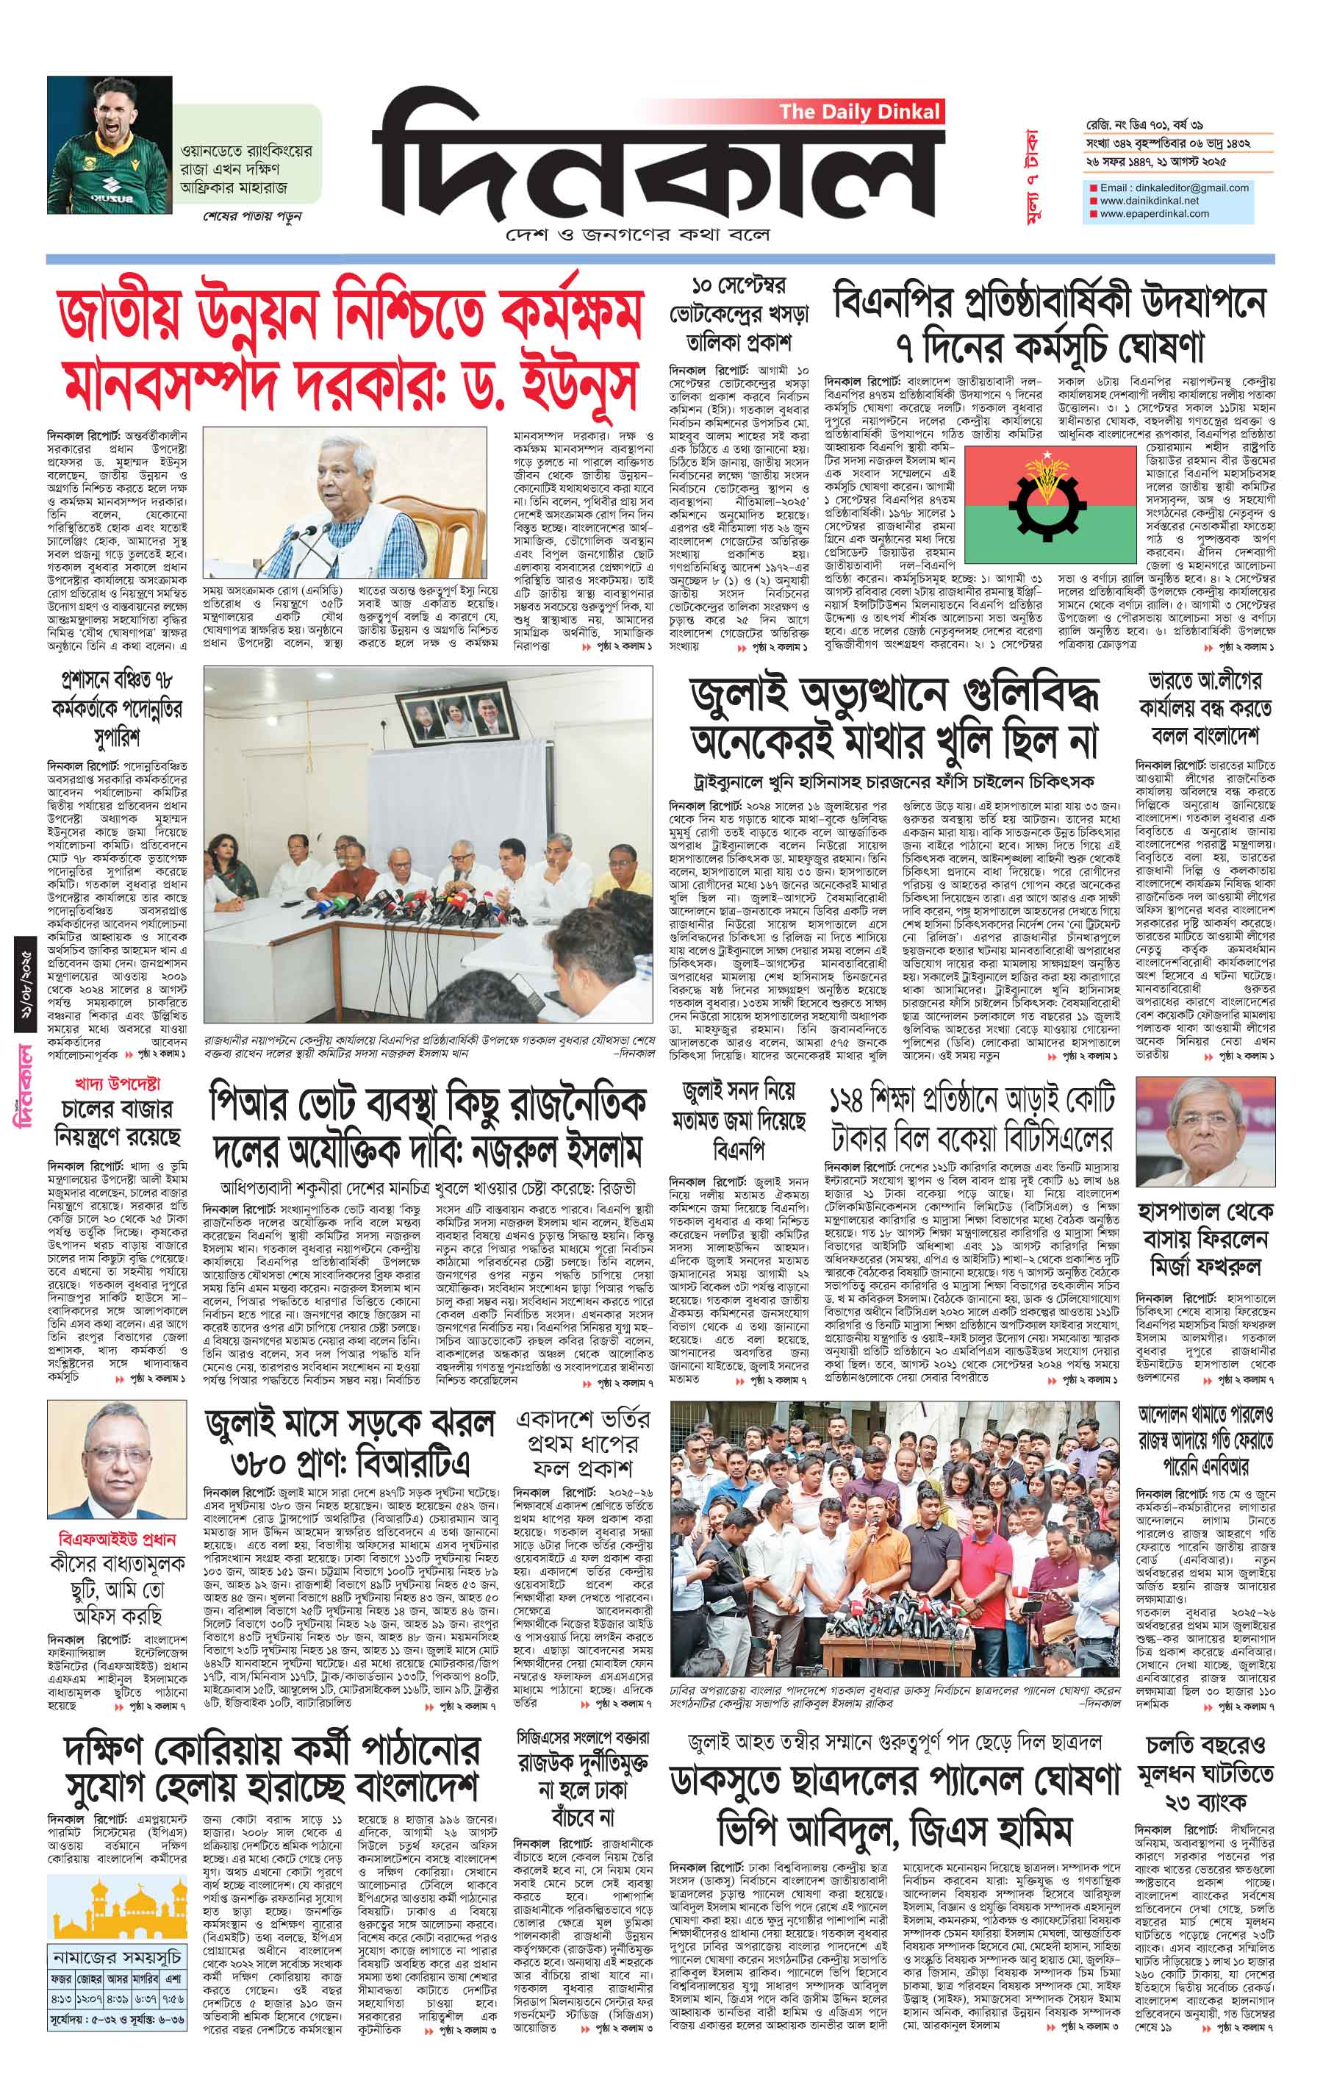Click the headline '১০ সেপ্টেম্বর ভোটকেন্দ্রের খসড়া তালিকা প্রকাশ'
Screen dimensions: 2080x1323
741,312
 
